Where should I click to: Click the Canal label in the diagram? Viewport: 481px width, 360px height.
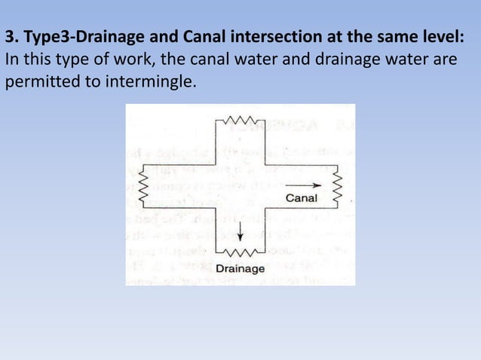tap(302, 198)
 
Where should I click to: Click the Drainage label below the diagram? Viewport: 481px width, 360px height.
tap(240, 269)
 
